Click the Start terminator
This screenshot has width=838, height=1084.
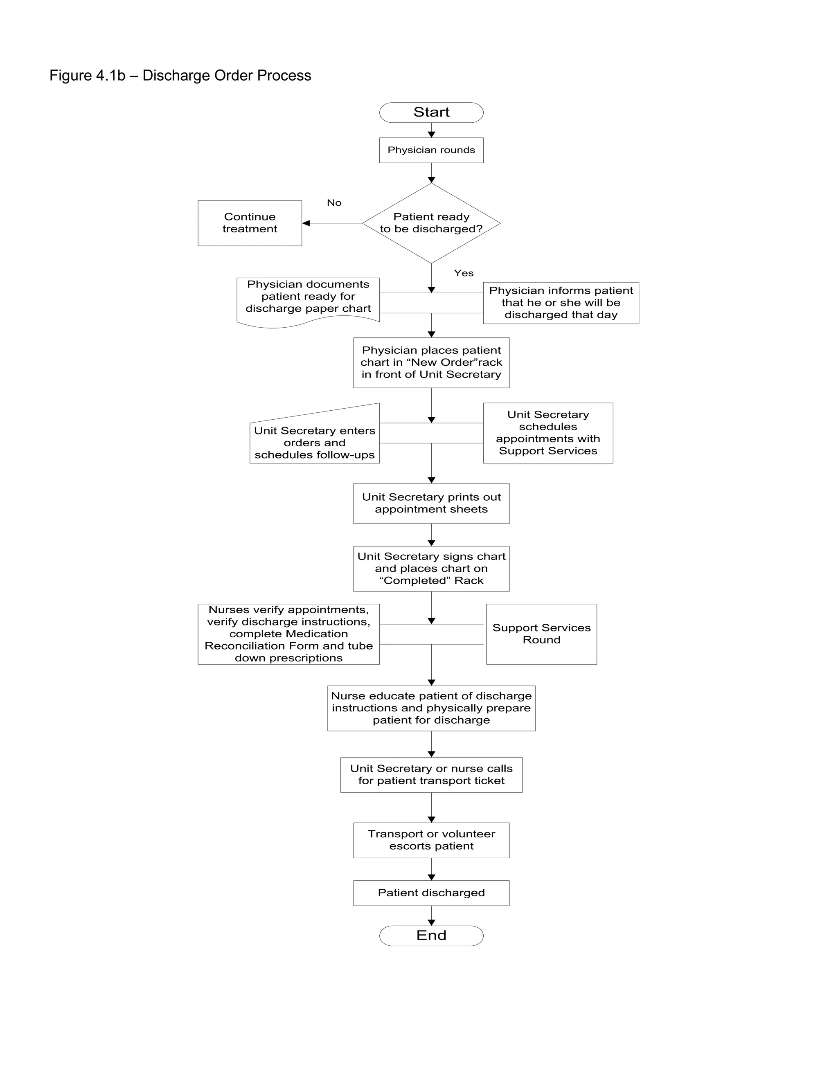coord(431,112)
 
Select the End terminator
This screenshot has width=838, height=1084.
coord(431,936)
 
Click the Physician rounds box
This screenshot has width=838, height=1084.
coord(431,150)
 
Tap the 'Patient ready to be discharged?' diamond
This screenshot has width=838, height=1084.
coord(431,223)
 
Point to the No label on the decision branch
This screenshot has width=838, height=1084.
coord(334,202)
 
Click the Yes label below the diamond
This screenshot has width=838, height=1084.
coord(464,273)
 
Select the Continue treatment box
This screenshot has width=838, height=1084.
coord(250,223)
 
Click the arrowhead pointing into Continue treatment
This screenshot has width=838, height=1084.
coord(306,223)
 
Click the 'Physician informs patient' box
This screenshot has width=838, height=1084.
coord(561,303)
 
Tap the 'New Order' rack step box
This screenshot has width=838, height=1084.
coord(431,362)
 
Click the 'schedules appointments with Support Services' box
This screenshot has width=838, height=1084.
coord(547,433)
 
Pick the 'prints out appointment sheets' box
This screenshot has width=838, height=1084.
coord(431,503)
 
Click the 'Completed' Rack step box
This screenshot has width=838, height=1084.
coord(431,568)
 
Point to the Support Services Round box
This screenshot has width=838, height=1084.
coord(541,634)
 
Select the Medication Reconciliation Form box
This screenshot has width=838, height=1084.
coord(288,634)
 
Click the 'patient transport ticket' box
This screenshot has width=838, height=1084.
coord(431,774)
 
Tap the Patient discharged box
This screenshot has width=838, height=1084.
coord(431,893)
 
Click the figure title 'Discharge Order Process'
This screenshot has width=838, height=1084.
coord(180,75)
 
